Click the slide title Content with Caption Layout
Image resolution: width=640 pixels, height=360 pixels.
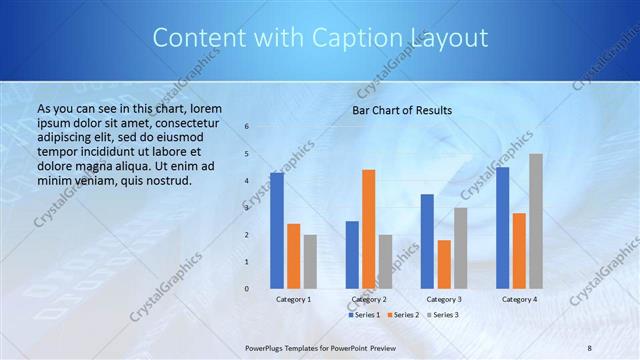(320, 38)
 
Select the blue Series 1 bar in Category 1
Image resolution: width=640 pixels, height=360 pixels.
(276, 230)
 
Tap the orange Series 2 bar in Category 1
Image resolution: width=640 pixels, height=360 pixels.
(293, 256)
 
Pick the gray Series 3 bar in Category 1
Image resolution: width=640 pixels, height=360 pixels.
(310, 261)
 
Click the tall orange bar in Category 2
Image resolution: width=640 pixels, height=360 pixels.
(368, 228)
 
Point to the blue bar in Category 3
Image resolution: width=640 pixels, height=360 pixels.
(427, 241)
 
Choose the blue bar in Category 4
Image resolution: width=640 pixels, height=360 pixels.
(502, 227)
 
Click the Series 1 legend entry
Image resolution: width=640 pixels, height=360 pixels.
(364, 315)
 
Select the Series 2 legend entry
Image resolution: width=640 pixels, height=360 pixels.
(402, 315)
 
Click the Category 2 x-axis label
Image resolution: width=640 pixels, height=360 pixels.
(368, 299)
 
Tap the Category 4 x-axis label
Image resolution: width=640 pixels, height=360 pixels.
(519, 299)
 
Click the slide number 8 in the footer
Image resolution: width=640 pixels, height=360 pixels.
(590, 346)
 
